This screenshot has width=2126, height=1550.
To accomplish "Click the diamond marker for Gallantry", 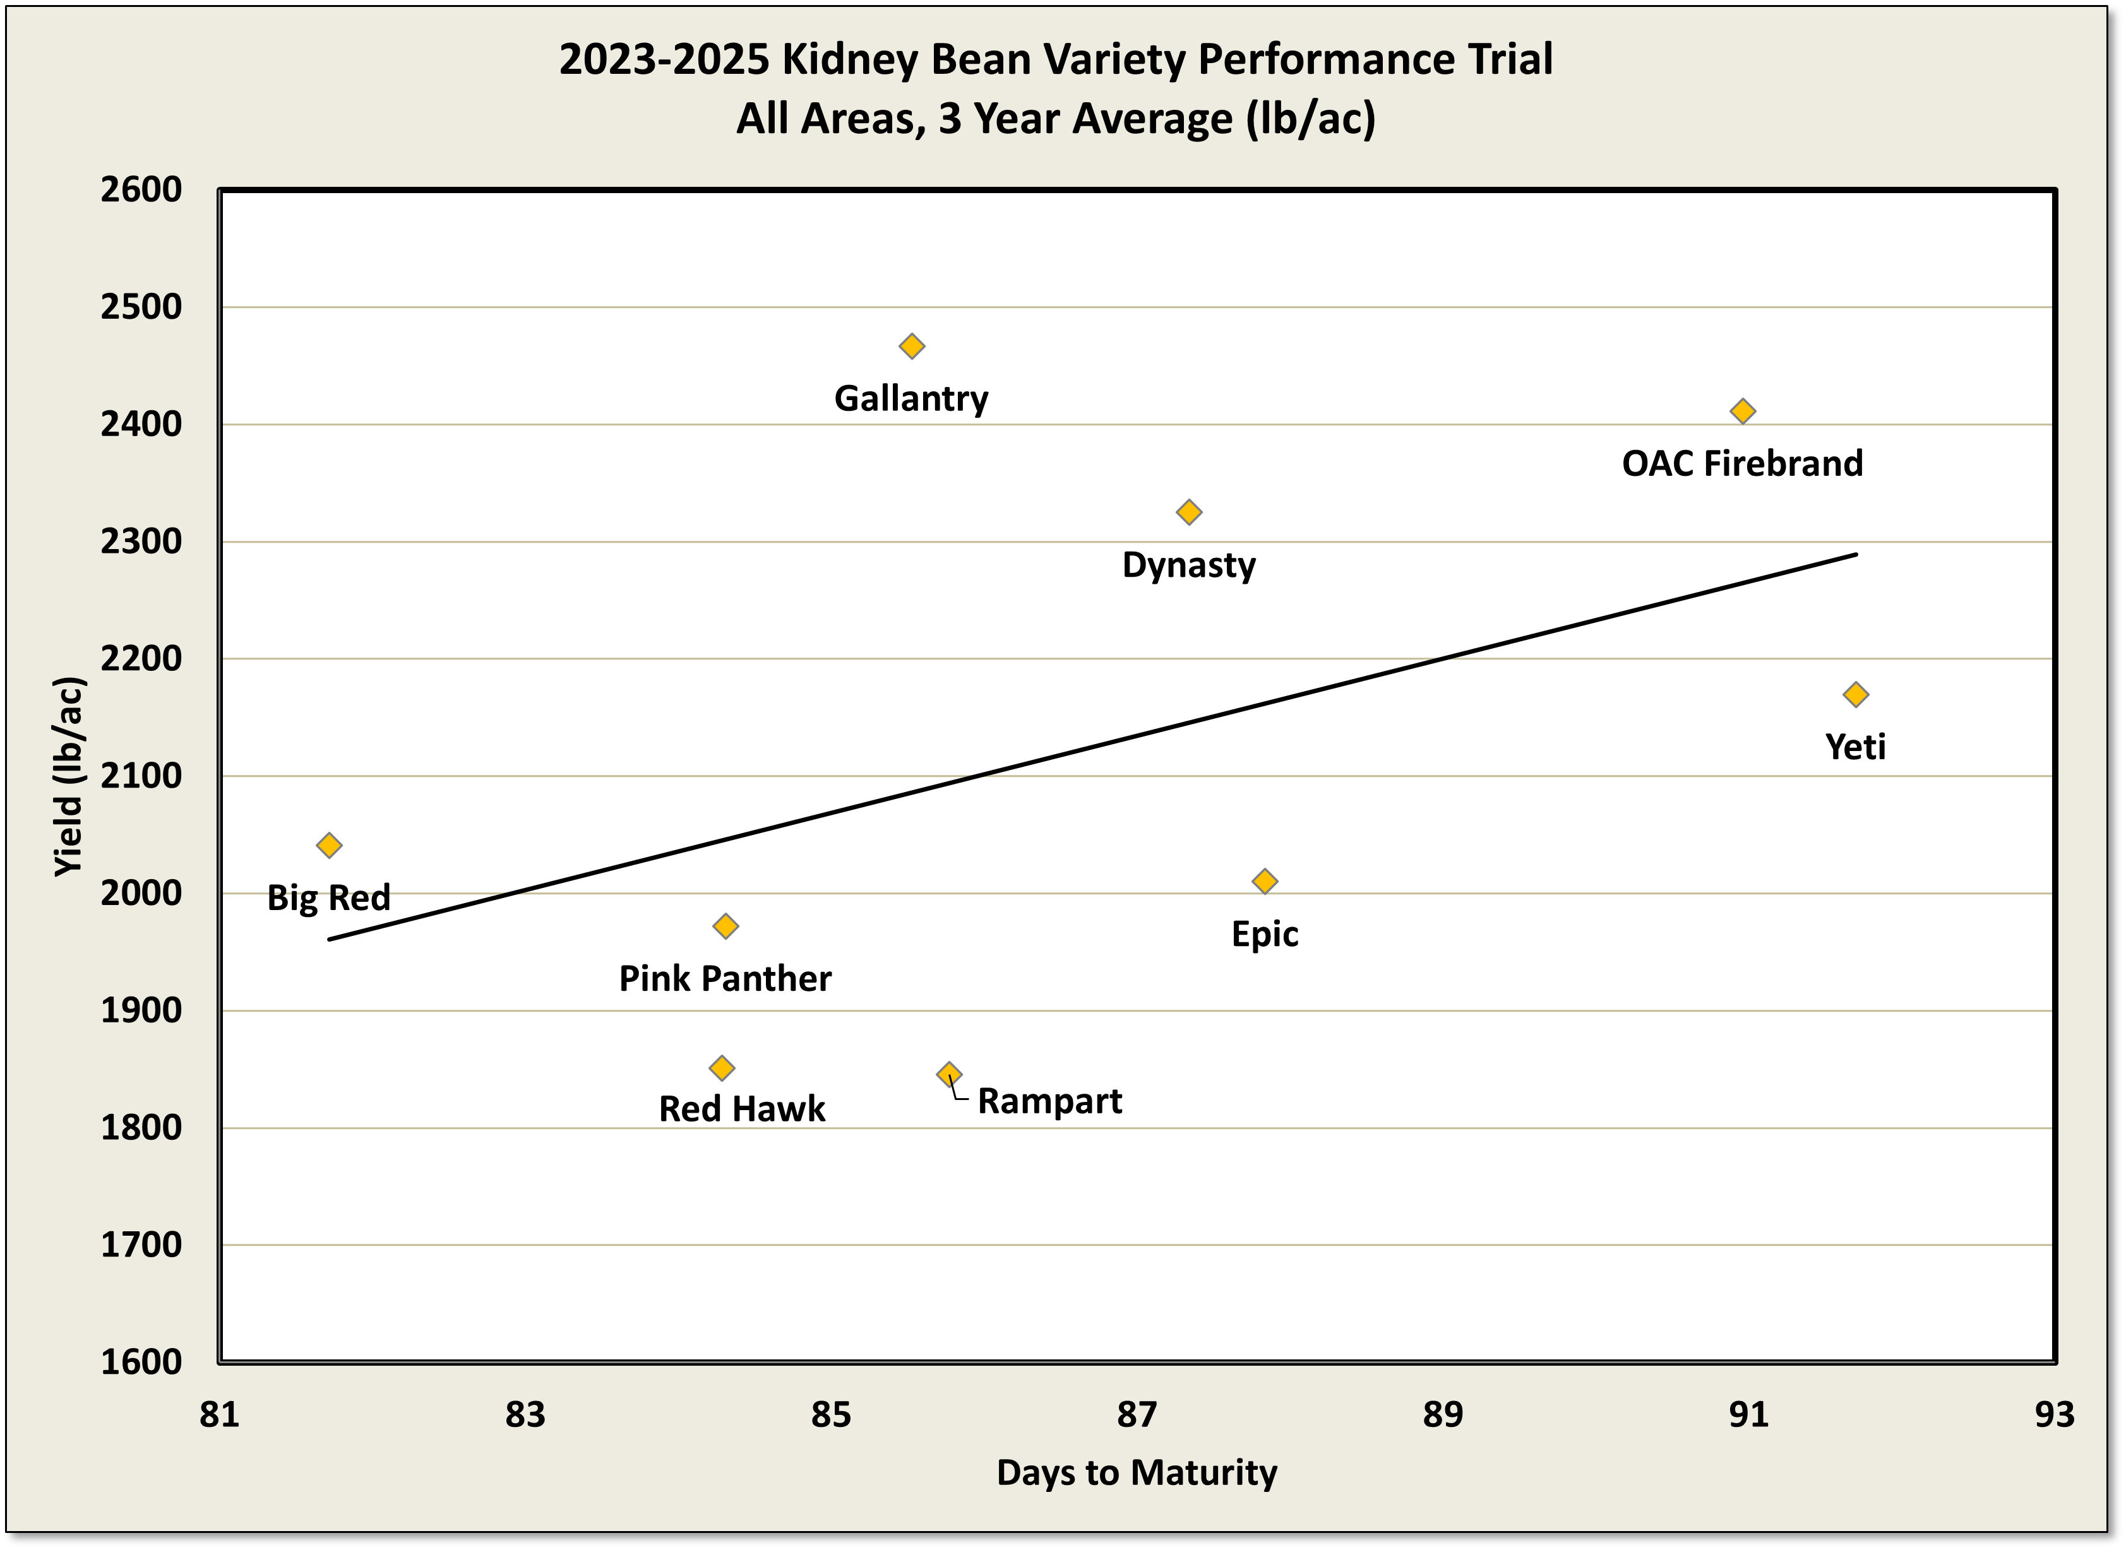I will pyautogui.click(x=911, y=346).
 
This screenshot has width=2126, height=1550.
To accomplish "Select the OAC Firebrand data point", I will pyautogui.click(x=1742, y=411).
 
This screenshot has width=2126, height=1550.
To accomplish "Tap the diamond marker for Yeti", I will pyautogui.click(x=1856, y=694).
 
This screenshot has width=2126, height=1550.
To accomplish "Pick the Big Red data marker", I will pyautogui.click(x=328, y=846).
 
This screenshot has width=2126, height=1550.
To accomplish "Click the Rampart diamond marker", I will pyautogui.click(x=949, y=1074).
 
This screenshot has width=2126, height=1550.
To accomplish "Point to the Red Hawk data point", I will pyautogui.click(x=721, y=1068).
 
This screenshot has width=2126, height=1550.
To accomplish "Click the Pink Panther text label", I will pyautogui.click(x=725, y=979).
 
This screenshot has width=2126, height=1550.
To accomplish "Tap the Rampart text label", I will pyautogui.click(x=1049, y=1101).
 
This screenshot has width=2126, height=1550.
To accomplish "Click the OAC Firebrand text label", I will pyautogui.click(x=1742, y=463).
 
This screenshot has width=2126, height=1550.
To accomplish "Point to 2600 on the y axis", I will pyautogui.click(x=141, y=189).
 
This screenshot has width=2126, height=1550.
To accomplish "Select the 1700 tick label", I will pyautogui.click(x=141, y=1245).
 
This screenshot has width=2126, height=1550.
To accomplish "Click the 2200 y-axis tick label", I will pyautogui.click(x=141, y=659).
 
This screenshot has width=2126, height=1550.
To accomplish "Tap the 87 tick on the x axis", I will pyautogui.click(x=1137, y=1414).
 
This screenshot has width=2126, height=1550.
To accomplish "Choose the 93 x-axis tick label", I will pyautogui.click(x=2055, y=1414).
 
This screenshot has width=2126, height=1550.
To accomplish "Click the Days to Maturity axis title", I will pyautogui.click(x=1137, y=1472).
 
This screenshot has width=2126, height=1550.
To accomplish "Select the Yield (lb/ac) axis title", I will pyautogui.click(x=69, y=776).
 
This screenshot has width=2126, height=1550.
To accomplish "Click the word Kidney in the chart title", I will pyautogui.click(x=849, y=59).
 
